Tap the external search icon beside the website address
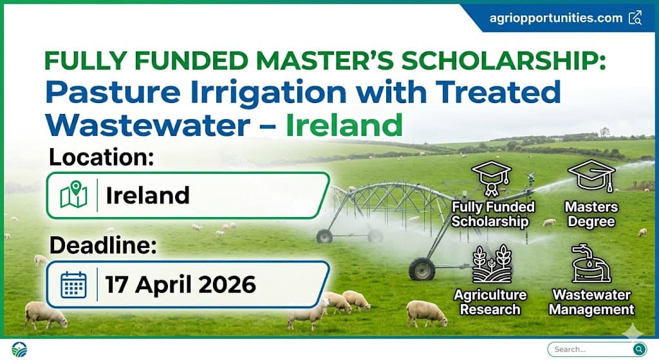[635, 17]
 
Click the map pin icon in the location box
[73, 195]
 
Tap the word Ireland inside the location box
[147, 195]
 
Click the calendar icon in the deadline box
[73, 284]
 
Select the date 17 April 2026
[181, 284]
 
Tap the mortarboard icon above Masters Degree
[591, 177]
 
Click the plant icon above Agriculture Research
[492, 263]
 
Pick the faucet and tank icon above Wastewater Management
[591, 263]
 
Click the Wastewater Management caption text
[593, 302]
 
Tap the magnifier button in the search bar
[638, 349]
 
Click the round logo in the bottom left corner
[19, 349]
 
